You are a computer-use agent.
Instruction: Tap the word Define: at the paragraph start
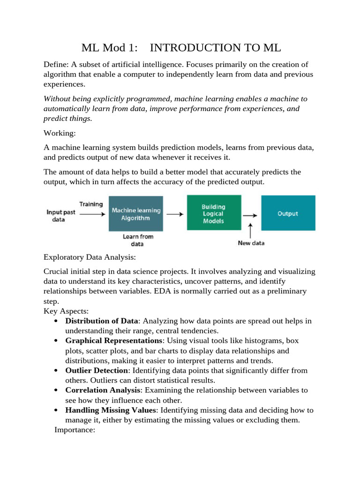point(56,64)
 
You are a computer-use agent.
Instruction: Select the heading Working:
point(60,133)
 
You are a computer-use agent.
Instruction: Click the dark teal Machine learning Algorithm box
point(136,214)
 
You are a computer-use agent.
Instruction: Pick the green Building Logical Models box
point(214,213)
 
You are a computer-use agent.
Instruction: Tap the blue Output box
point(288,213)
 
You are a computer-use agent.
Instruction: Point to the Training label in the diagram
point(91,204)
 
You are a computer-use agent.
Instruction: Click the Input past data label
point(61,216)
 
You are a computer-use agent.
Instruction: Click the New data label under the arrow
point(251,243)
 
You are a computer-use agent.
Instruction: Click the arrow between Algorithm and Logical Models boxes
point(175,214)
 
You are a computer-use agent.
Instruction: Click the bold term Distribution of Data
point(102,321)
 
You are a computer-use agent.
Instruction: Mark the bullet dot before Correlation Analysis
point(56,390)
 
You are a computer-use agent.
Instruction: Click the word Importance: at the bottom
point(75,429)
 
